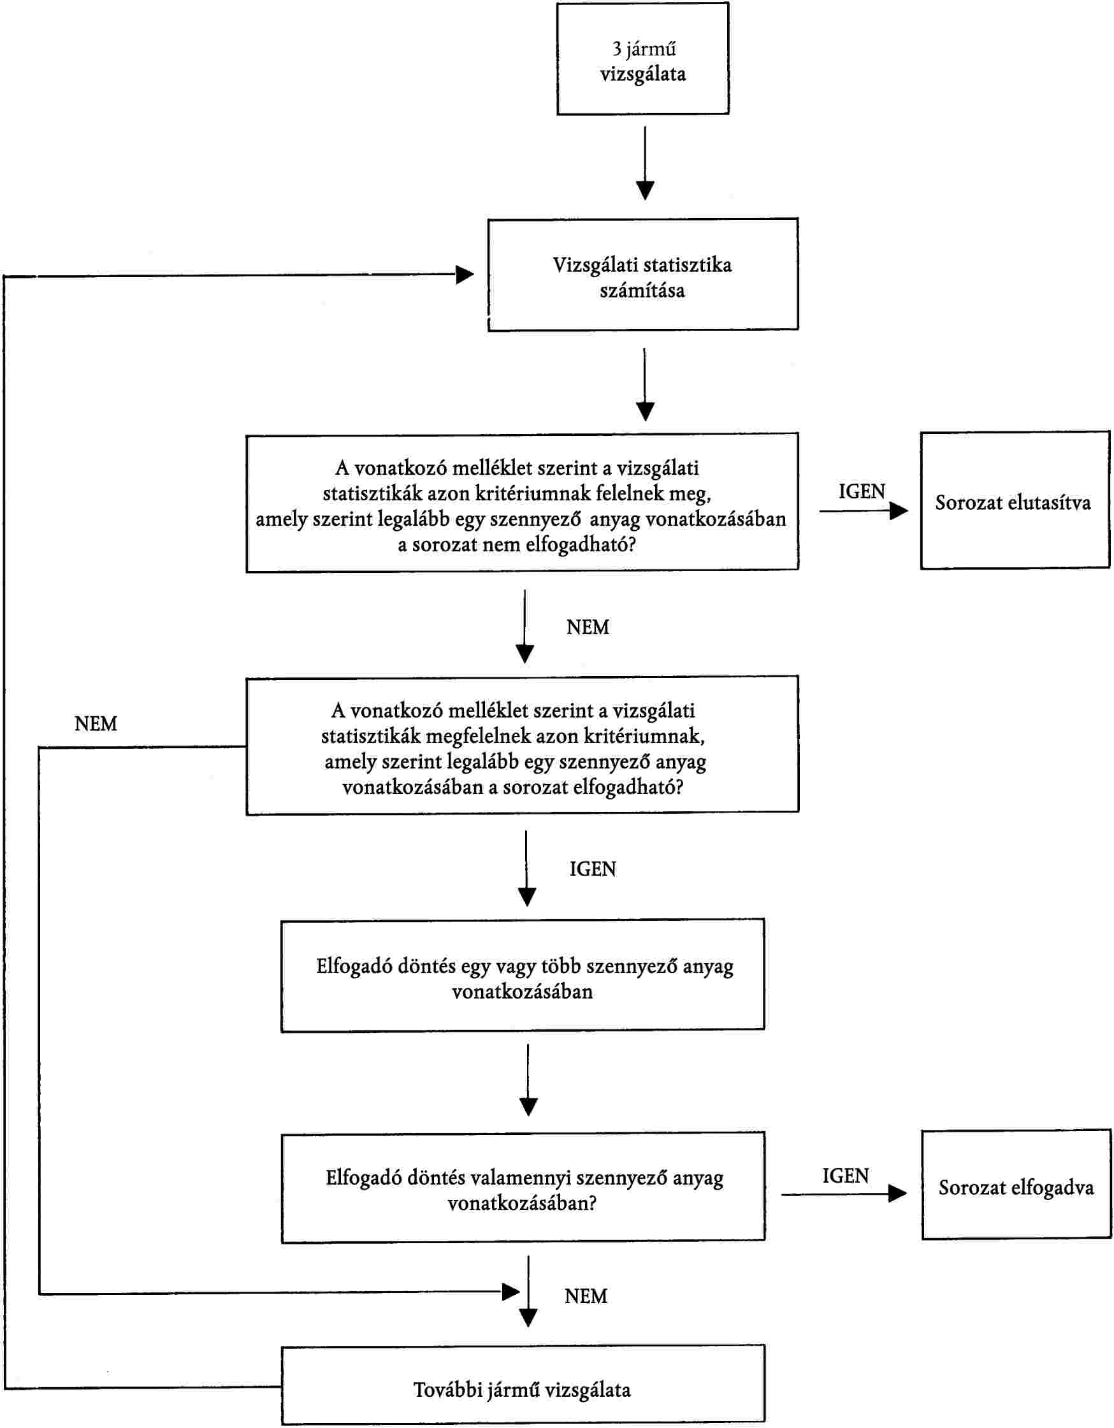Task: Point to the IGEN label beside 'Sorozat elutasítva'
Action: tap(862, 492)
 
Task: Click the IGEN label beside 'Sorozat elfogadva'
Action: tap(845, 1176)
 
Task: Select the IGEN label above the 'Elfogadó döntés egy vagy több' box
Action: tap(592, 869)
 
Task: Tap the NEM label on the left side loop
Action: tap(96, 724)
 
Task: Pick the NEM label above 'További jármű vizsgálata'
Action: tap(586, 1296)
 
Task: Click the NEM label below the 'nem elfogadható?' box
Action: tap(587, 627)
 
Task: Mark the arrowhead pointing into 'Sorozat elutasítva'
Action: tap(900, 510)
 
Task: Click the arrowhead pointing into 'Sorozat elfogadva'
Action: tap(897, 1194)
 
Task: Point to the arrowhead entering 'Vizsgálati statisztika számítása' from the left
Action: tap(465, 275)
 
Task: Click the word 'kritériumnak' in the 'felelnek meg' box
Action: tap(532, 493)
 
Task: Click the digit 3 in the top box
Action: tap(616, 48)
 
